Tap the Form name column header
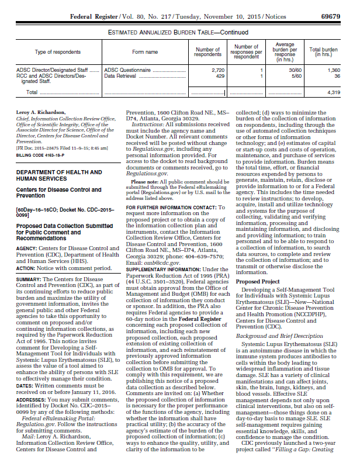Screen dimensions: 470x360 point(145,51)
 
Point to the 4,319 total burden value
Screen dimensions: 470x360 point(333,92)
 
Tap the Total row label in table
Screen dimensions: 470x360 point(32,92)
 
